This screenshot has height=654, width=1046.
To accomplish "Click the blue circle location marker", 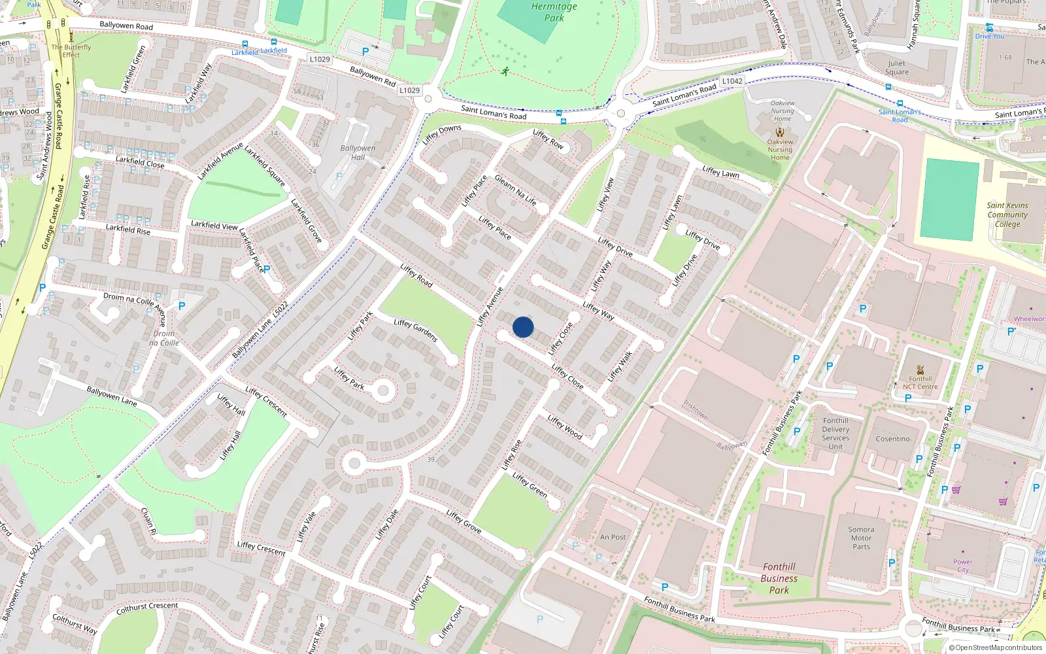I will pyautogui.click(x=523, y=327).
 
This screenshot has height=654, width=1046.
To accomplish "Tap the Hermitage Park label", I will pyautogui.click(x=554, y=12).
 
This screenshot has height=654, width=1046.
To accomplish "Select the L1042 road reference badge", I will pyautogui.click(x=732, y=81).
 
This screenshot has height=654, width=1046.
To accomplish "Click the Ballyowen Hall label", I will pyautogui.click(x=358, y=152).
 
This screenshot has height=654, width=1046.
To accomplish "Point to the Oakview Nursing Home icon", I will pyautogui.click(x=779, y=132).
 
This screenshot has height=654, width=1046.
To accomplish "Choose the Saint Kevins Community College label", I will pyautogui.click(x=1007, y=215).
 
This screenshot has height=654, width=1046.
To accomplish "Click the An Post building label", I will pyautogui.click(x=613, y=537).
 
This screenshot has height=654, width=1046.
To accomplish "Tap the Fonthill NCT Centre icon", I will pyautogui.click(x=920, y=370).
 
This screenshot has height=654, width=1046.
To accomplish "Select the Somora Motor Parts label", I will pyautogui.click(x=861, y=538).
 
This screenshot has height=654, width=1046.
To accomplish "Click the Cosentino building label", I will pyautogui.click(x=892, y=439).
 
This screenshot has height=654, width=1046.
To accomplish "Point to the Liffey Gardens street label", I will pyautogui.click(x=416, y=330).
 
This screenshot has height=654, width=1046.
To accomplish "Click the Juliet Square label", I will pyautogui.click(x=896, y=68).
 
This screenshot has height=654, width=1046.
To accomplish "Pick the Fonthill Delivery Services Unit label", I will pyautogui.click(x=835, y=434).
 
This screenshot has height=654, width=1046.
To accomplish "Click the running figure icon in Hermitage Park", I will pyautogui.click(x=505, y=71).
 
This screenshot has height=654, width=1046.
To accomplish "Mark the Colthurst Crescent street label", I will pyautogui.click(x=147, y=608).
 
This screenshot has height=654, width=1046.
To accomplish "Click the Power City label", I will pyautogui.click(x=962, y=566).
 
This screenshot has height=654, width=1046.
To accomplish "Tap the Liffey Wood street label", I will pyautogui.click(x=565, y=426).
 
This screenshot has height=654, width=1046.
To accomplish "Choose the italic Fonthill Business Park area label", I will pyautogui.click(x=779, y=578).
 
